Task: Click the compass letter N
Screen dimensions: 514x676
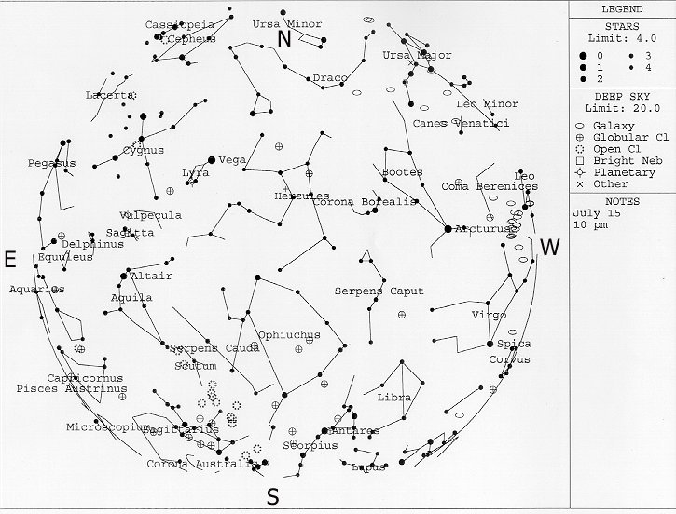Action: [285, 39]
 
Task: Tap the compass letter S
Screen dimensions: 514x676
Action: [272, 496]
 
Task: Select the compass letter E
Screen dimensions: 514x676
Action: [10, 260]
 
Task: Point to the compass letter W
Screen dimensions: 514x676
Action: [551, 248]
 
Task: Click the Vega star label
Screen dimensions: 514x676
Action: [232, 160]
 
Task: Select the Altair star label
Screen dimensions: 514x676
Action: [152, 277]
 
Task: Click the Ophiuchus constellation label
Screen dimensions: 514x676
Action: [289, 334]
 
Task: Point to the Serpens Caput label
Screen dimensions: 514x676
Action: [379, 291]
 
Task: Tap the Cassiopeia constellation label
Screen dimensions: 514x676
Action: [180, 24]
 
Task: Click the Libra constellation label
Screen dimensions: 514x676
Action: [393, 398]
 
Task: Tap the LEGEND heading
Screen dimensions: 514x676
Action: [622, 8]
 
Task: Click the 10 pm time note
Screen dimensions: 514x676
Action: [591, 224]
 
